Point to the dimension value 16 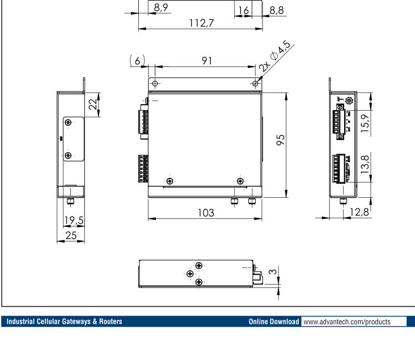point(243,9)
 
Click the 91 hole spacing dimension point(206,61)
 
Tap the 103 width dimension point(204,212)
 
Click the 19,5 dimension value point(72,220)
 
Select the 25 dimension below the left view point(70,234)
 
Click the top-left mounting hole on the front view point(155,84)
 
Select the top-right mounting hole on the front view point(255,84)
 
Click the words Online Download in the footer point(271,321)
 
